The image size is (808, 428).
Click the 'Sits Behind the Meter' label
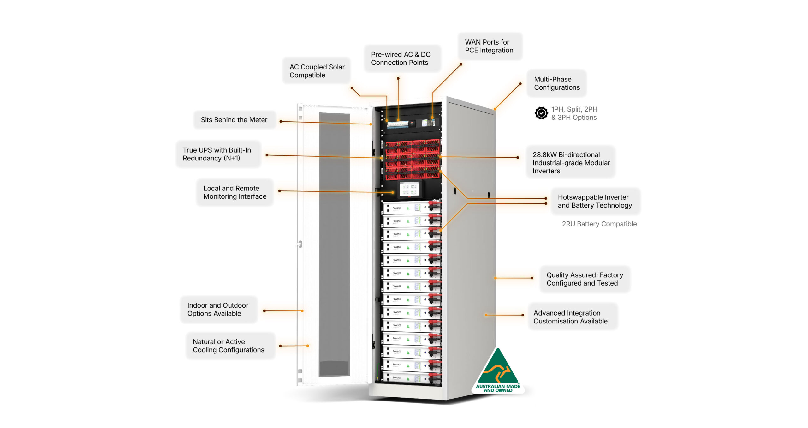click(235, 120)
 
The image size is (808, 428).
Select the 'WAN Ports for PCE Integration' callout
click(490, 46)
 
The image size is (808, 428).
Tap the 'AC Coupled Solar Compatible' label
click(317, 71)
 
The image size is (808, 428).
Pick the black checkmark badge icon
click(541, 113)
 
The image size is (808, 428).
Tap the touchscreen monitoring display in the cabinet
click(409, 189)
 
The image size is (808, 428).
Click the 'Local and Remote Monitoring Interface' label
click(235, 192)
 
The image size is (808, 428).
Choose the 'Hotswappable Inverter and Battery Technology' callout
click(595, 202)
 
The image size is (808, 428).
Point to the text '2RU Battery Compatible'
click(599, 224)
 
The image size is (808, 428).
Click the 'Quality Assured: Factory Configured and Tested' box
click(585, 279)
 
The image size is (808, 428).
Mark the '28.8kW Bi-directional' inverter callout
click(571, 163)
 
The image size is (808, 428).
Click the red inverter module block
click(412, 159)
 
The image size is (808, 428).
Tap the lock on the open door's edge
click(300, 244)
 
